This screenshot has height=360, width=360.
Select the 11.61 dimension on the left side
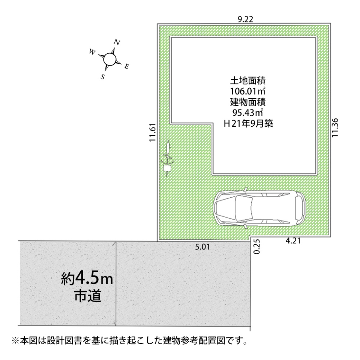pos(152,133)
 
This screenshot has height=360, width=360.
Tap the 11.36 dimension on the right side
pos(335,127)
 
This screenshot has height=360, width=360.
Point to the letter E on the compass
pos(127,67)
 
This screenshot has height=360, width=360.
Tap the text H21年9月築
pos(248,123)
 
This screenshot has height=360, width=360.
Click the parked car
pos(259,208)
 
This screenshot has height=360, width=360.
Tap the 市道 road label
pos(88,296)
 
